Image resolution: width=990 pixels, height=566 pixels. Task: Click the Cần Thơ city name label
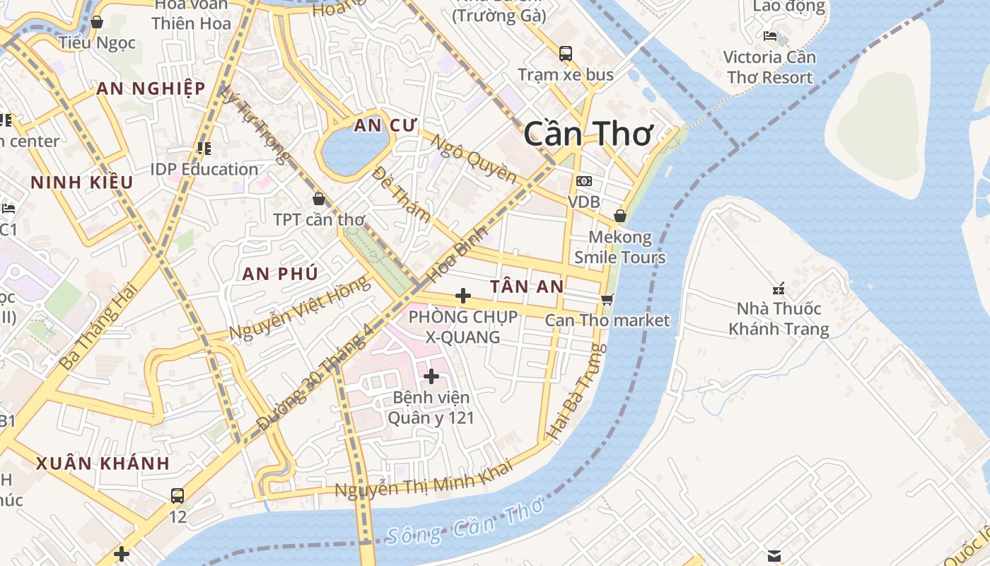(x=589, y=134)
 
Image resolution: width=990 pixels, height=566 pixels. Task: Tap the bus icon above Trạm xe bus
(x=566, y=53)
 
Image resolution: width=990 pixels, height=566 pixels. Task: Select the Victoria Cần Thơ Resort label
(x=769, y=67)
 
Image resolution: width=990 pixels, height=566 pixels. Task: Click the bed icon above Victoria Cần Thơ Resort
(x=770, y=35)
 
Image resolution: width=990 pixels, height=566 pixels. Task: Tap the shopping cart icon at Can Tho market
(x=607, y=299)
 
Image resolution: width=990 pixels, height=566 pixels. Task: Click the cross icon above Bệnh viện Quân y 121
(x=431, y=376)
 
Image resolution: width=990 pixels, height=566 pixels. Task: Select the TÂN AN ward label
(x=527, y=287)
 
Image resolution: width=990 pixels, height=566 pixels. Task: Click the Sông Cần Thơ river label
(x=465, y=524)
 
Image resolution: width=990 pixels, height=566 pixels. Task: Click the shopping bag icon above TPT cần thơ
(x=319, y=198)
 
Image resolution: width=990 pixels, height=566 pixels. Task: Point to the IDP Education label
(x=204, y=170)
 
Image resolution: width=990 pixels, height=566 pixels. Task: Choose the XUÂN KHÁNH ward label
(x=103, y=464)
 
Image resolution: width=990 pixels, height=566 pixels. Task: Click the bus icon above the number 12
(x=177, y=495)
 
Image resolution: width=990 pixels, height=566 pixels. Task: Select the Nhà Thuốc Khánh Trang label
(x=779, y=319)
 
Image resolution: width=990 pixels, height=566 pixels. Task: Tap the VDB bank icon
(x=584, y=182)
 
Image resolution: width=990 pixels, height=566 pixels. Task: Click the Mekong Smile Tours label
(x=619, y=247)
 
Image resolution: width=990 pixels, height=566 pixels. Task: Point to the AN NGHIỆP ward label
(x=151, y=88)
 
